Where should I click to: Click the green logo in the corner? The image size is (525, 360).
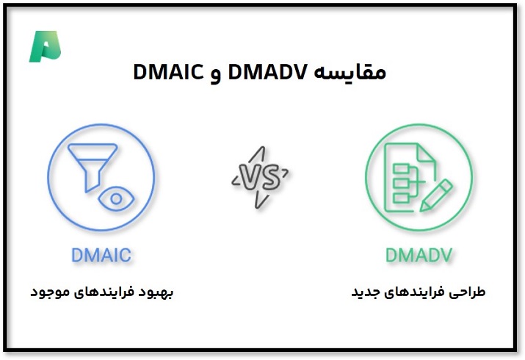[45, 46]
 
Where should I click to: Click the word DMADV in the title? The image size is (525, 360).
[267, 72]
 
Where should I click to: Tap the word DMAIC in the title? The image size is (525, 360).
[168, 72]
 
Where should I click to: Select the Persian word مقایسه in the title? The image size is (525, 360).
[350, 72]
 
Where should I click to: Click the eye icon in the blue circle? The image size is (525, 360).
[116, 199]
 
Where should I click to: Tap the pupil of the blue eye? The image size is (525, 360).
[116, 199]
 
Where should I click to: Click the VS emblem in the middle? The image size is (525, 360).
[260, 178]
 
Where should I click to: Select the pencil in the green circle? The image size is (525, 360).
[436, 195]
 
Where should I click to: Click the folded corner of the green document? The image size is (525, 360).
[426, 154]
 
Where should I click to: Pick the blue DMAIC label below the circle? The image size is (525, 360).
[101, 255]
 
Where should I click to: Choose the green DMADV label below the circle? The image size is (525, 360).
[419, 255]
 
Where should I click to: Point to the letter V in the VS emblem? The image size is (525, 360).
[250, 178]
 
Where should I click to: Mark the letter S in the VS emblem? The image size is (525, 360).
[270, 177]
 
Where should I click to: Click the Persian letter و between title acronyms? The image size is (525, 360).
[216, 76]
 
